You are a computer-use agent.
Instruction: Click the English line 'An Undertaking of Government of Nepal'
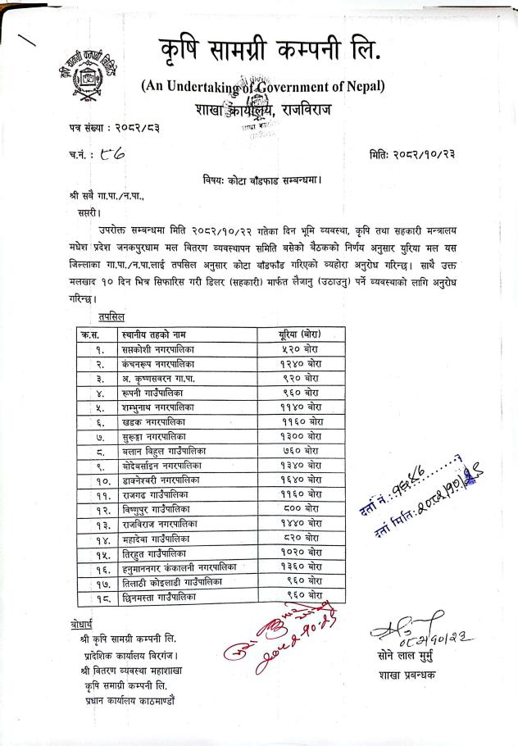[x=262, y=86]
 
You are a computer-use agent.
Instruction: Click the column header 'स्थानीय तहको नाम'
[x=152, y=334]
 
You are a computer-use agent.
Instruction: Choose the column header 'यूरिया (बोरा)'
[x=300, y=334]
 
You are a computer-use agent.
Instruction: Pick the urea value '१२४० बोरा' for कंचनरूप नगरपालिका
[x=300, y=362]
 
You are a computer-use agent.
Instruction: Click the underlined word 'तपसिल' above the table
[x=113, y=316]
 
